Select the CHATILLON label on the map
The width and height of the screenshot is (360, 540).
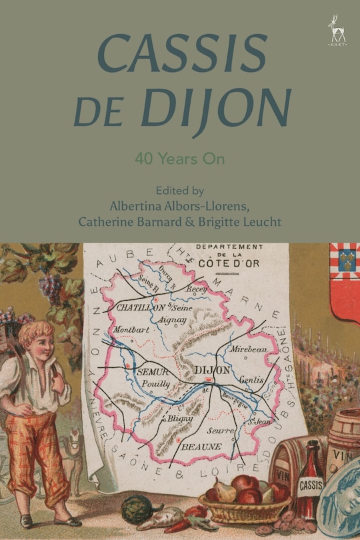click(x=141, y=308)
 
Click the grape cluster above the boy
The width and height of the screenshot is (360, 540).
click(x=52, y=287)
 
